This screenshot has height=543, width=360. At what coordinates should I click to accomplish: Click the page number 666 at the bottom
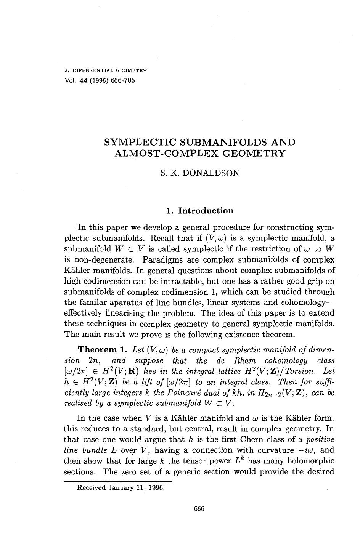point(199,509)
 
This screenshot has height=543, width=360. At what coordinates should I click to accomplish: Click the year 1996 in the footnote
point(155,487)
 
